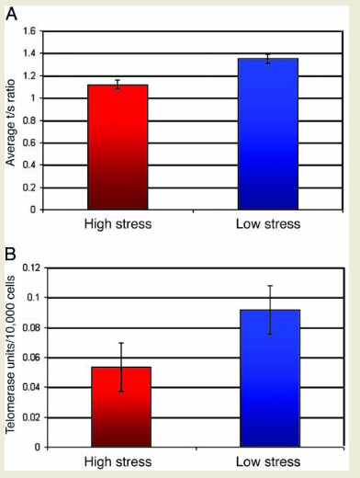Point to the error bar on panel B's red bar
[120, 367]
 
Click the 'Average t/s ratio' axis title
[11, 119]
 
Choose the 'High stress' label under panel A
[118, 224]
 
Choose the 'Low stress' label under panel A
[267, 224]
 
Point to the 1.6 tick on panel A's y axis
[29, 32]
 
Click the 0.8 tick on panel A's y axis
[29, 120]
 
